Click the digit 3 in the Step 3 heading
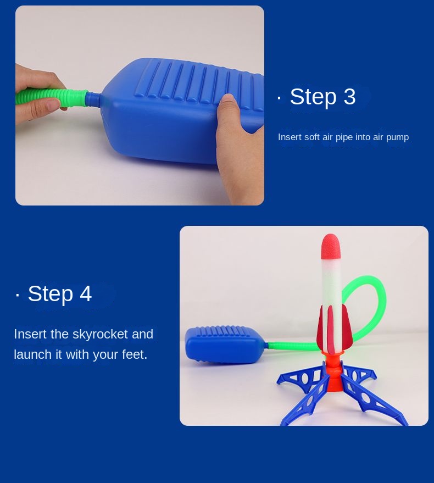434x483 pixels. [x=349, y=96]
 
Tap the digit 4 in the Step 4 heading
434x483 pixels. [x=86, y=293]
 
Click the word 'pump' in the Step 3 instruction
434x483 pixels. [x=397, y=137]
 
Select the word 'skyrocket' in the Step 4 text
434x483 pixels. [x=100, y=334]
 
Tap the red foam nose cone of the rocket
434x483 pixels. [x=331, y=247]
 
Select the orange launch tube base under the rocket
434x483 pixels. [x=333, y=371]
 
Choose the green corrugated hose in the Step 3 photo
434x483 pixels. [x=52, y=97]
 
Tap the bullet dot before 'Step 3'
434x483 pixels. [x=279, y=98]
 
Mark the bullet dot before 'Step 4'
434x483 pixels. [x=17, y=295]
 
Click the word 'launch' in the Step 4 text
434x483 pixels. [x=33, y=354]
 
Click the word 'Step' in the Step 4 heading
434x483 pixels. [x=51, y=294]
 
